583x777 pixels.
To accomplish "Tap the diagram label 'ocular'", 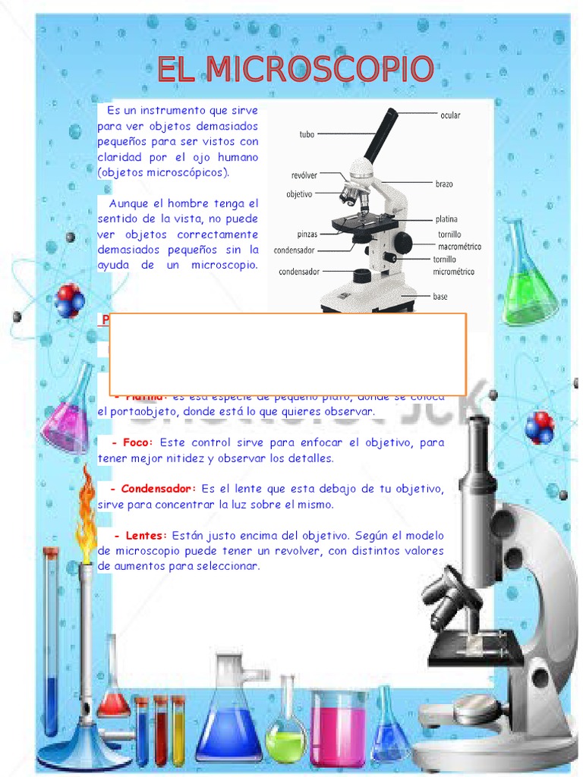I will click(x=450, y=115).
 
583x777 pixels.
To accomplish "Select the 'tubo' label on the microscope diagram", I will click(x=306, y=135).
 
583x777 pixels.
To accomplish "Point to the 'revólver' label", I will click(x=304, y=175).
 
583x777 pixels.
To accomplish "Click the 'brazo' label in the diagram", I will click(x=444, y=184).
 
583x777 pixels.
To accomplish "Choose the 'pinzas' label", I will click(x=307, y=234).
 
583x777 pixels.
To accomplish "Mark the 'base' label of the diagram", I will click(x=440, y=297).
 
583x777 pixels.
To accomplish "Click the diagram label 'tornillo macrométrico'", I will click(x=454, y=240).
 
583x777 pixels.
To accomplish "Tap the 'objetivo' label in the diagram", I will click(x=299, y=194).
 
